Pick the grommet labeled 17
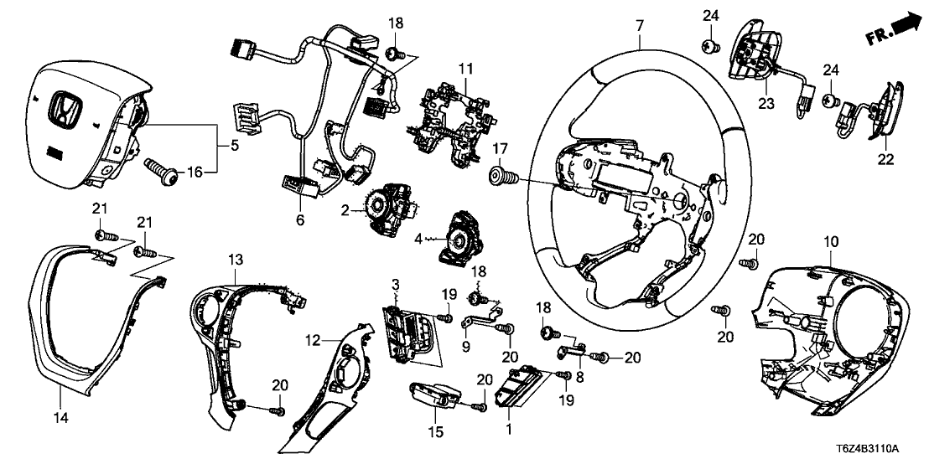point(501,178)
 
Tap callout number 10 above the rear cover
point(830,243)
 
